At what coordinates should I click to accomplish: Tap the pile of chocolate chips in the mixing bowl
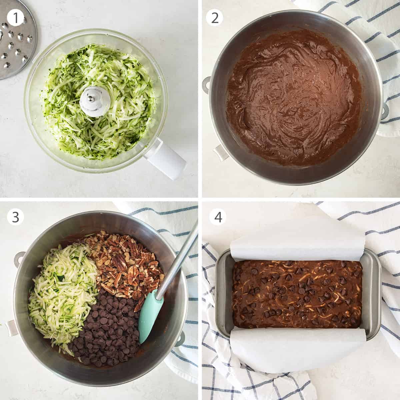pyautogui.click(x=107, y=330)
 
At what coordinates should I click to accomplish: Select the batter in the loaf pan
pyautogui.click(x=297, y=293)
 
